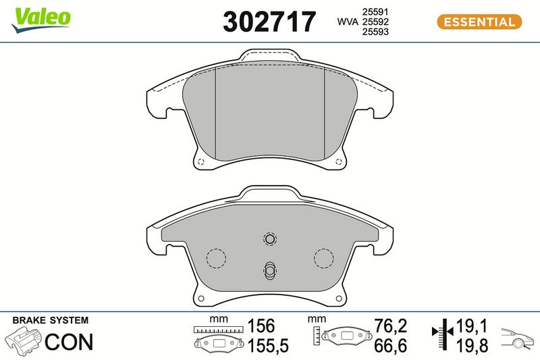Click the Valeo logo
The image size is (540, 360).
point(40,20)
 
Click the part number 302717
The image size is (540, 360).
point(269,22)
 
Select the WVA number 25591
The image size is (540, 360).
point(375,11)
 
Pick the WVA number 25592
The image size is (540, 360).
point(375,22)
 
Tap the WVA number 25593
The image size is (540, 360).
point(375,32)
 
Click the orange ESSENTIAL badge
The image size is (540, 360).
point(479,22)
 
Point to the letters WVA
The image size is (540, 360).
point(348,22)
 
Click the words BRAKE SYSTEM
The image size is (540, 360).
point(50,320)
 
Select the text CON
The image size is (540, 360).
point(69,342)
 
